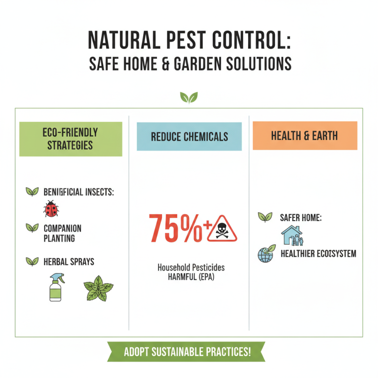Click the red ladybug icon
point(50,208)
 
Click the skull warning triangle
point(222,228)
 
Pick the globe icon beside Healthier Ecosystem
point(265,253)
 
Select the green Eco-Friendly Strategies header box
point(71,139)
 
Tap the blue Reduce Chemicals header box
point(189,137)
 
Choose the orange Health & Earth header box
point(305,136)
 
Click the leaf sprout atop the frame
point(189,98)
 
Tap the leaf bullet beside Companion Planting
point(32,228)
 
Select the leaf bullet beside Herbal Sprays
point(32,260)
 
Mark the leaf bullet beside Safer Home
point(265,217)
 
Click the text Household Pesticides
point(191,267)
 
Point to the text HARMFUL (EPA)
point(191,277)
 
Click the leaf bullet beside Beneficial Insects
point(32,191)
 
